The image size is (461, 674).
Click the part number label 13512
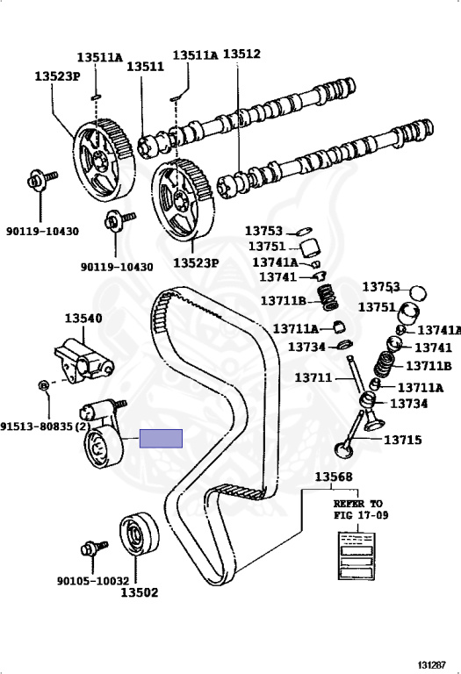[x=241, y=54]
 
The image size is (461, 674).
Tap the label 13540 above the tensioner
[x=83, y=318]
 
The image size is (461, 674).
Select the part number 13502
[x=139, y=592]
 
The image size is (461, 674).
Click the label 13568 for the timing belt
[x=334, y=477]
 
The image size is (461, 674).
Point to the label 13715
[x=403, y=440]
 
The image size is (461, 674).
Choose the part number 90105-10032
[x=93, y=581]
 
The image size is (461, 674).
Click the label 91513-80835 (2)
[x=46, y=427]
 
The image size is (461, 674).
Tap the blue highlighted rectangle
[x=161, y=439]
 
